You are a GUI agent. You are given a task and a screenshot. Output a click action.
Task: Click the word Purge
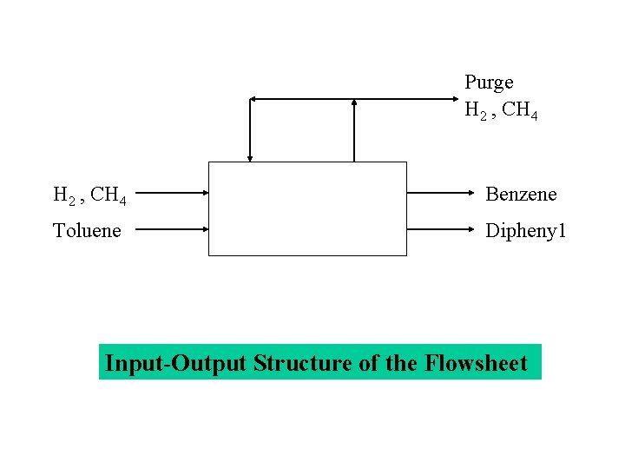pyautogui.click(x=489, y=83)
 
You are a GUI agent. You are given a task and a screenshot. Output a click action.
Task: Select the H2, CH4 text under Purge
pyautogui.click(x=501, y=111)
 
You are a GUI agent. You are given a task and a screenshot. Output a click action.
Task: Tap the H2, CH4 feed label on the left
pyautogui.click(x=89, y=195)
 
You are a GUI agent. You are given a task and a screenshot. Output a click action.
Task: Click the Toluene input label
pyautogui.click(x=87, y=230)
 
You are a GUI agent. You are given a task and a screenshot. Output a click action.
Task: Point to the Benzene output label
pyautogui.click(x=521, y=195)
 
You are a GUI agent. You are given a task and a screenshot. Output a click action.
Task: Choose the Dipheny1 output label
pyautogui.click(x=525, y=230)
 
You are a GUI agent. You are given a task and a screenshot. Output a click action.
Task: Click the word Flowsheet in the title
pyautogui.click(x=477, y=363)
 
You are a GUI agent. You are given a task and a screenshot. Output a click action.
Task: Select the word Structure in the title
pyautogui.click(x=303, y=363)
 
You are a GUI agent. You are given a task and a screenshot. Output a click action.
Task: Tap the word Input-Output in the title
pyautogui.click(x=176, y=363)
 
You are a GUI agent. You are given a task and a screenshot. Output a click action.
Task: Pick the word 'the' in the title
pyautogui.click(x=402, y=363)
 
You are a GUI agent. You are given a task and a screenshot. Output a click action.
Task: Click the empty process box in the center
pyautogui.click(x=307, y=208)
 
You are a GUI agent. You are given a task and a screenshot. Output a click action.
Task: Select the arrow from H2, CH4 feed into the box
pyautogui.click(x=172, y=194)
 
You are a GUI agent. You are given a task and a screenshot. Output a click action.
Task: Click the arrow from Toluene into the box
pyautogui.click(x=172, y=229)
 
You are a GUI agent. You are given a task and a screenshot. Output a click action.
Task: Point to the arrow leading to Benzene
pyautogui.click(x=443, y=194)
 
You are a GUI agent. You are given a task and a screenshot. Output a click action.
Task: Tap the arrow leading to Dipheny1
pyautogui.click(x=443, y=229)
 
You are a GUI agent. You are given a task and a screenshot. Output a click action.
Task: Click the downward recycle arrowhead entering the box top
pyautogui.click(x=250, y=157)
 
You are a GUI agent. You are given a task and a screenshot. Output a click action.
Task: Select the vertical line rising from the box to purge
pyautogui.click(x=354, y=130)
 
